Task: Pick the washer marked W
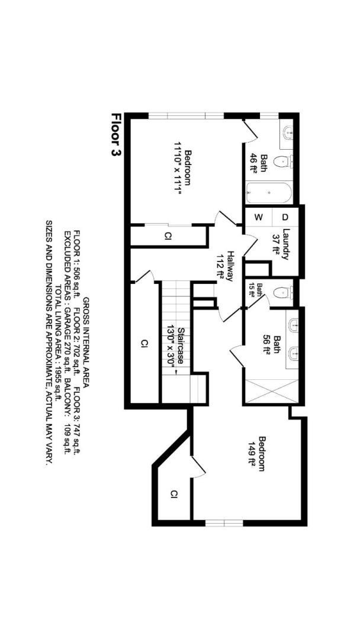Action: click(258, 217)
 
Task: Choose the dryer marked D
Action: click(284, 217)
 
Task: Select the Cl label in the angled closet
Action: click(174, 494)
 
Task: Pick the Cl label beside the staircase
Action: click(143, 343)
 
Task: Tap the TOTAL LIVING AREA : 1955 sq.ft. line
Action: click(58, 343)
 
